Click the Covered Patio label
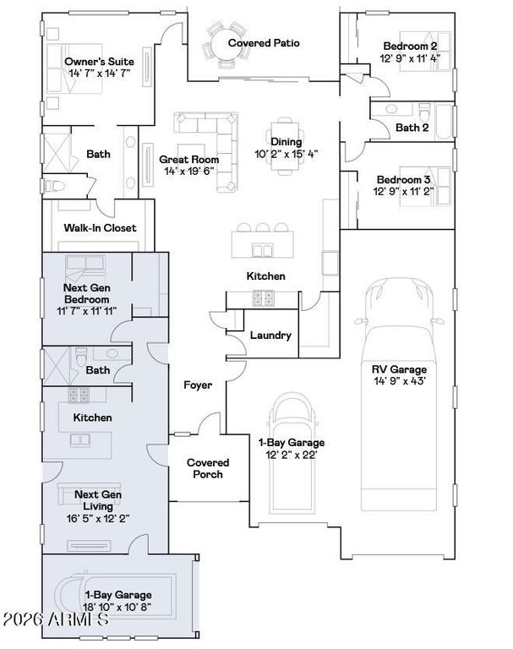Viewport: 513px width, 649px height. point(264,43)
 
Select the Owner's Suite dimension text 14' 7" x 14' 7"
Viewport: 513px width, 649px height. point(100,74)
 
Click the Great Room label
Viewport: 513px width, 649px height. point(188,160)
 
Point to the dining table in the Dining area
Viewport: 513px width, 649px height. point(286,145)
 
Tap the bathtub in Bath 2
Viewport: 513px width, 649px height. point(445,122)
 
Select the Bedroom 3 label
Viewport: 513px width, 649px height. point(403,180)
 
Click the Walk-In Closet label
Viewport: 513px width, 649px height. point(100,227)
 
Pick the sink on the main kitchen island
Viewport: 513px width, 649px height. point(263,250)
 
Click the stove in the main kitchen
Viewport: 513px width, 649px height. point(264,298)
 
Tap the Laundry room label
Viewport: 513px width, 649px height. point(270,335)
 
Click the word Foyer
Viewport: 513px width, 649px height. point(198,385)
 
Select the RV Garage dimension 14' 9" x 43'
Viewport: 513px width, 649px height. point(399,381)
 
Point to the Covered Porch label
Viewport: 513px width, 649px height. point(208,468)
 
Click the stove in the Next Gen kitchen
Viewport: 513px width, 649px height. point(79,395)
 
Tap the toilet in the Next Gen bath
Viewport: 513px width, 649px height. point(82,357)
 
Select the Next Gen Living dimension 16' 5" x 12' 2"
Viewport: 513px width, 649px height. point(98,518)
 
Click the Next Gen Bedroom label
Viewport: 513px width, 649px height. point(86,293)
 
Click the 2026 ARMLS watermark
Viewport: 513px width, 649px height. point(56,619)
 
